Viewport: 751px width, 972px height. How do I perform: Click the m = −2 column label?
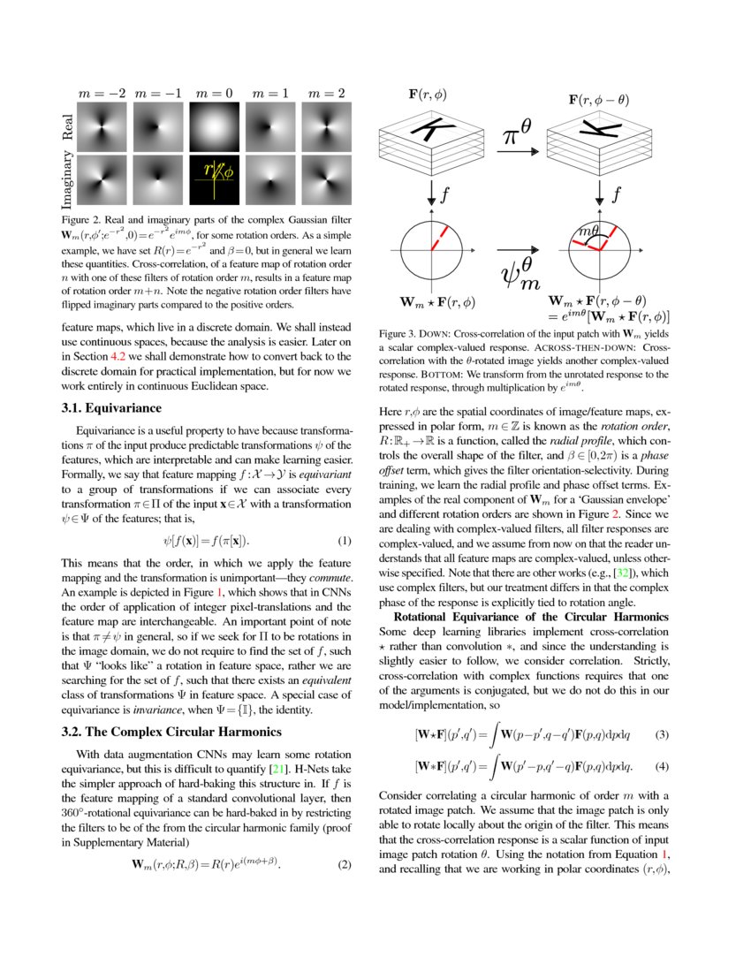[102, 93]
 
